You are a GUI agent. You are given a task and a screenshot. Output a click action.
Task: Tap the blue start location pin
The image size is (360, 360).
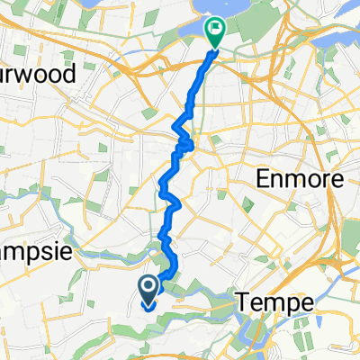148,290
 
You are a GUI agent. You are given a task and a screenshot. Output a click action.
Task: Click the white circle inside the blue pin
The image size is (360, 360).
148,286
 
